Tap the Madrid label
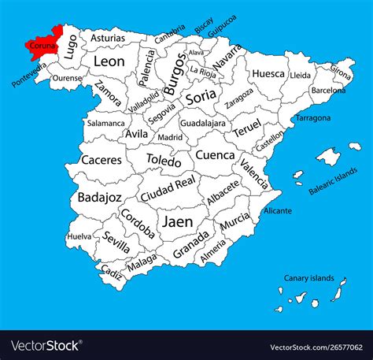coord(170,137)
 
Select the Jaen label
coord(177,222)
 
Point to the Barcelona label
coord(328,91)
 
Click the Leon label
coord(109,61)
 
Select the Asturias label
coord(107,37)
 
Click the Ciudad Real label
coord(167,191)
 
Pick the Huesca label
coord(268,74)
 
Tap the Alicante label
coord(277,211)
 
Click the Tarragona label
coord(313,118)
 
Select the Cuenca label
coord(215,155)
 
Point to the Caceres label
coord(102,160)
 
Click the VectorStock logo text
coord(46,345)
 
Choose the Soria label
coord(201,98)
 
